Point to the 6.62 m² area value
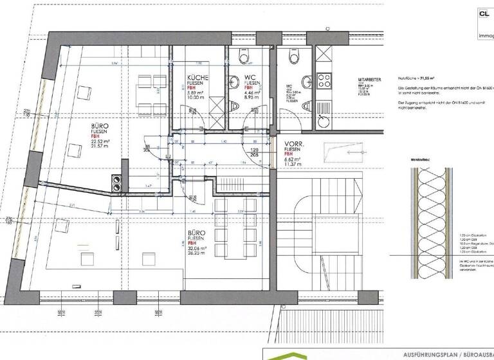click(x=293, y=158)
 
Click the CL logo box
click(x=484, y=13)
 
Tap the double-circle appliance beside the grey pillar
click(x=119, y=184)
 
